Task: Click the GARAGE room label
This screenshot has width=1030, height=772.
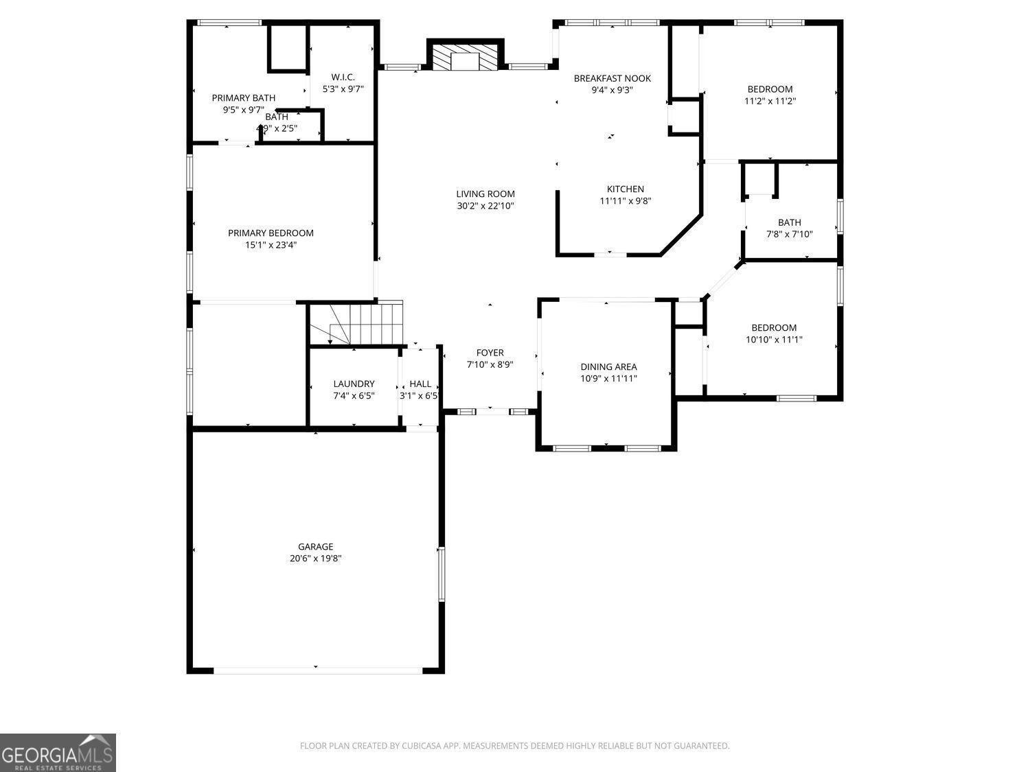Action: coord(315,547)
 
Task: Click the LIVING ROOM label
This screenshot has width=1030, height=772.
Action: coord(485,194)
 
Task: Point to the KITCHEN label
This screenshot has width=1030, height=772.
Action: coord(625,189)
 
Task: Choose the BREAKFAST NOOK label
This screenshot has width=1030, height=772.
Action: coord(612,78)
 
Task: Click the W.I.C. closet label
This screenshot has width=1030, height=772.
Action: coord(343,77)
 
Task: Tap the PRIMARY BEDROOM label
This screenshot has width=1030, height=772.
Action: coord(271,233)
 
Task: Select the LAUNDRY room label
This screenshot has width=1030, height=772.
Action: coord(354,384)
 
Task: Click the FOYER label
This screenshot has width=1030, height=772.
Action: coord(490,353)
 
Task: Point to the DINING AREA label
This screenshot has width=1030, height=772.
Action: coord(608,367)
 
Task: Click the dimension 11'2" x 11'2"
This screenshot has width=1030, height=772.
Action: coord(770,101)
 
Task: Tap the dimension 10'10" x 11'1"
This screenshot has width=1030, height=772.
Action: coord(774,340)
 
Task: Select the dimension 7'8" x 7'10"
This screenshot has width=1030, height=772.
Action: coord(789,234)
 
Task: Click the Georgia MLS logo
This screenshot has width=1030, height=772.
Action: coord(58,753)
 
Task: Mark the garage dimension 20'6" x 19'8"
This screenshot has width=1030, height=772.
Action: coord(315,559)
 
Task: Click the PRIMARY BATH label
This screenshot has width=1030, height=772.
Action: coord(243,98)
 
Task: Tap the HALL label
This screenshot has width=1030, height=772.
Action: coord(420,384)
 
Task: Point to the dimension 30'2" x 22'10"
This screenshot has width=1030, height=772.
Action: coord(485,206)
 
